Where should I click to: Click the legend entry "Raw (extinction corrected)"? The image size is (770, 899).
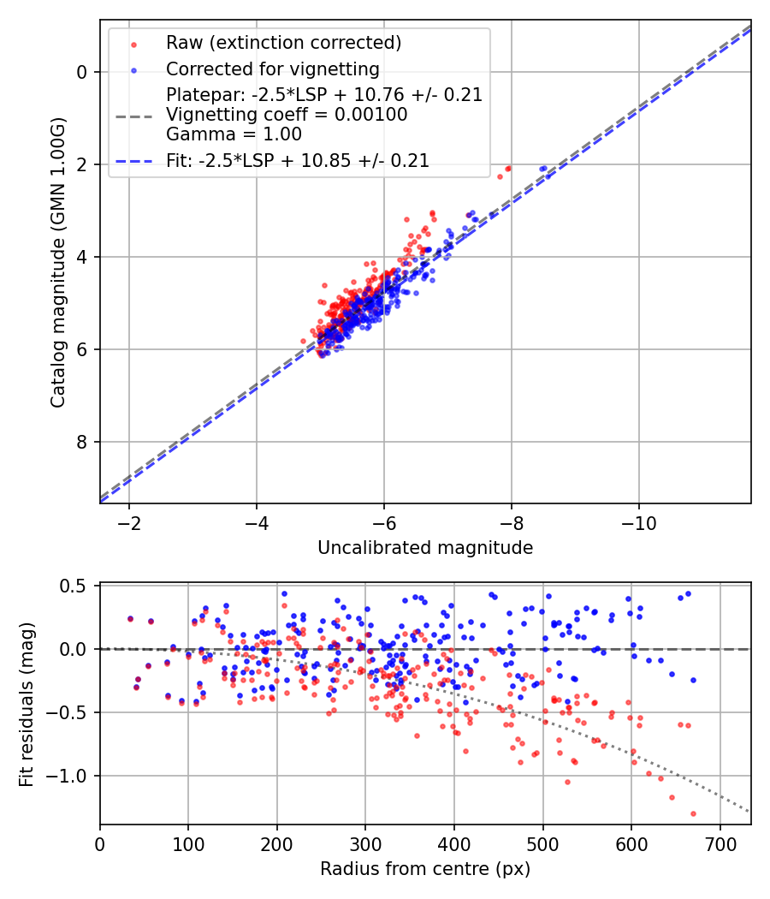pyautogui.click(x=284, y=43)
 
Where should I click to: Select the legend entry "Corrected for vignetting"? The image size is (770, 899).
pyautogui.click(x=273, y=68)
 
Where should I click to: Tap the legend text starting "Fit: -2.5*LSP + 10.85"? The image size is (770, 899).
pyautogui.click(x=297, y=160)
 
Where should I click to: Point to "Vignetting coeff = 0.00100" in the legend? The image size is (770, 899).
pyautogui.click(x=287, y=115)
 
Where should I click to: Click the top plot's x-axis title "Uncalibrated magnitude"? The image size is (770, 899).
pyautogui.click(x=425, y=548)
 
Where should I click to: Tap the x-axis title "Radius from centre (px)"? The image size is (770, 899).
pyautogui.click(x=425, y=869)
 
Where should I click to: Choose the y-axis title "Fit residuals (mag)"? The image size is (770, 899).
pyautogui.click(x=27, y=704)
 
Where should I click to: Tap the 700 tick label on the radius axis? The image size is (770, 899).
pyautogui.click(x=720, y=845)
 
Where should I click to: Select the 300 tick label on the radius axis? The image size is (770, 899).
pyautogui.click(x=365, y=845)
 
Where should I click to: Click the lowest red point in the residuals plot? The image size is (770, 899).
pyautogui.click(x=693, y=813)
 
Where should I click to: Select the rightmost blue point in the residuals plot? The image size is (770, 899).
pyautogui.click(x=693, y=680)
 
